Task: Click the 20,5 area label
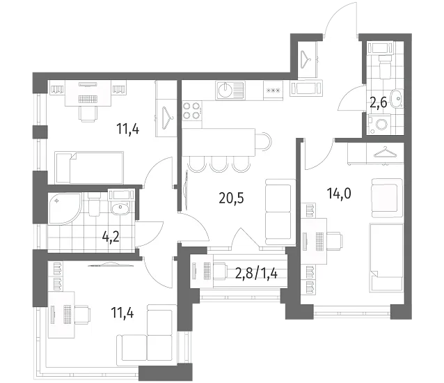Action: coord(231,198)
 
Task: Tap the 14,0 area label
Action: coord(339,193)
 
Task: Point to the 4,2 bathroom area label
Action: coord(111,236)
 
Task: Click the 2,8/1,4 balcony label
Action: coord(256,273)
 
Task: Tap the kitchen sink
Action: coord(230,91)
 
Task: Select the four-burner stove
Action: coord(192,111)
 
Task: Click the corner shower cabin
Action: coord(65,209)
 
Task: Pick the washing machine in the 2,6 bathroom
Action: coord(379,124)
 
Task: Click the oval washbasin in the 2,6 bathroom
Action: coord(397,99)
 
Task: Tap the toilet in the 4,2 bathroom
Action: coord(94,205)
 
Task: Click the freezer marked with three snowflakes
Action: coord(273,91)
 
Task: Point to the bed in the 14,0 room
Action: coord(386,258)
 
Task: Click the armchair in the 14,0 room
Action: coord(387,198)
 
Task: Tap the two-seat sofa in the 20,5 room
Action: coord(279,212)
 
